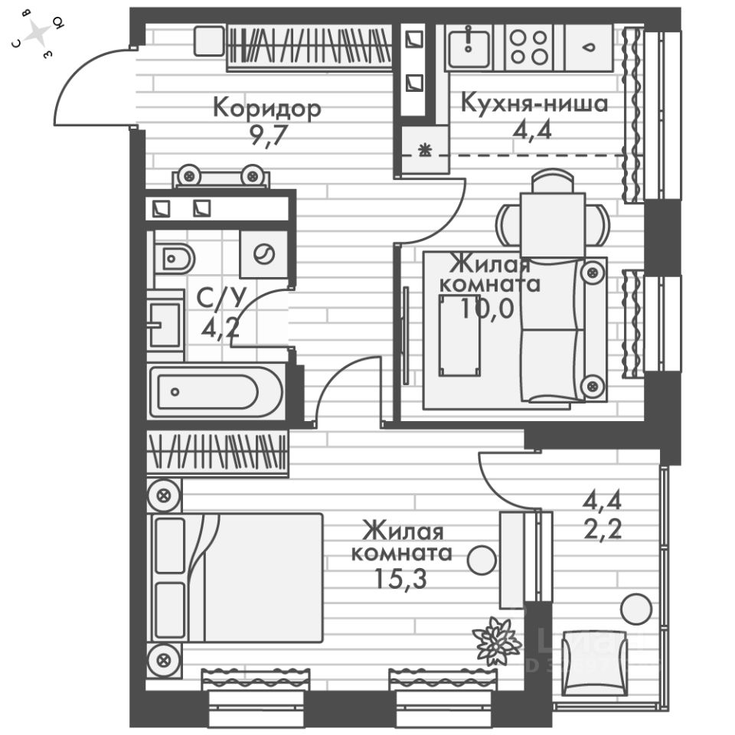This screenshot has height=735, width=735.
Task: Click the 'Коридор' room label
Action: click(266, 107)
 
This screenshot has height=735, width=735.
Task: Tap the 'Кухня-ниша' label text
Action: click(534, 103)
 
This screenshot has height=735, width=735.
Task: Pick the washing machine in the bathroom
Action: click(264, 253)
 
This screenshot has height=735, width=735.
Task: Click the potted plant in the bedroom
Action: click(496, 639)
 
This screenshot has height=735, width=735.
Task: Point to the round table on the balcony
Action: click(635, 609)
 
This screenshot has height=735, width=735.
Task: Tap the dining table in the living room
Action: click(553, 223)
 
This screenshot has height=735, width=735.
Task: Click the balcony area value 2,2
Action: click(601, 528)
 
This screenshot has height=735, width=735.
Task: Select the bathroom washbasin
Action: click(164, 324)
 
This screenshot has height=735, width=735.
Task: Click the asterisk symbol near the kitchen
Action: click(424, 150)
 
